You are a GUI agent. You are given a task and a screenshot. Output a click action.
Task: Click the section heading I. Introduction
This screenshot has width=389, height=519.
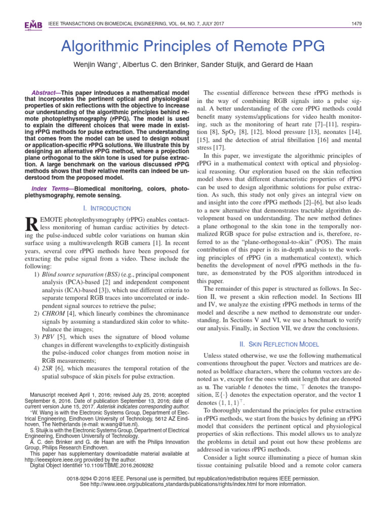point(106,208)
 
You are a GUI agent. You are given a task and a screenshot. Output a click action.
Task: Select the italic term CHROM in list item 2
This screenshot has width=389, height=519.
point(53,314)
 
